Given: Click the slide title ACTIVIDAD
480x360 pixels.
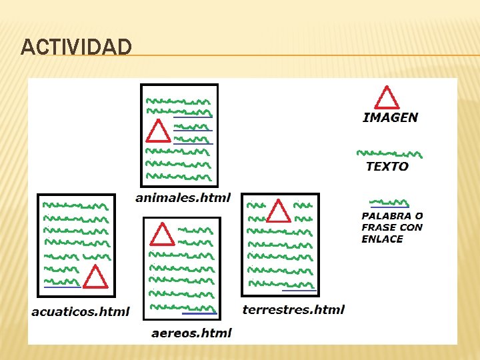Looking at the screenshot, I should click(x=76, y=47).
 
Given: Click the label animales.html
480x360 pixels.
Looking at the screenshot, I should click(x=183, y=197).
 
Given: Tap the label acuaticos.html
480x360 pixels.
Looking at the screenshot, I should click(x=81, y=311).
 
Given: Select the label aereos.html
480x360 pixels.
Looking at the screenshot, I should click(x=191, y=333).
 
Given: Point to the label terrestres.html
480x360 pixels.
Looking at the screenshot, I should click(x=293, y=309).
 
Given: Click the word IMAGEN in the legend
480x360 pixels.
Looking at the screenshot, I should click(x=391, y=117).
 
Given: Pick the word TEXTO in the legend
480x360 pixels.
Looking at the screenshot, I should click(x=387, y=166).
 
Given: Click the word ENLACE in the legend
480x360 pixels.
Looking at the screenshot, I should click(x=382, y=239).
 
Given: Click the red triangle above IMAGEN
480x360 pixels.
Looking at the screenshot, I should click(x=387, y=97).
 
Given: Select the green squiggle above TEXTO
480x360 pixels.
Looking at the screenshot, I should click(x=389, y=153).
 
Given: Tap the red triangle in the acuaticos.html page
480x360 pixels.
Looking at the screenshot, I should click(x=95, y=277).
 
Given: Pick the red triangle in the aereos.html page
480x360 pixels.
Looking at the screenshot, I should click(x=161, y=235).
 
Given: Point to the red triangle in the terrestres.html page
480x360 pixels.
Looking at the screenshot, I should click(x=279, y=211).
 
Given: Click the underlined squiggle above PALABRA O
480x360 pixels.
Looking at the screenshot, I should click(x=389, y=203).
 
